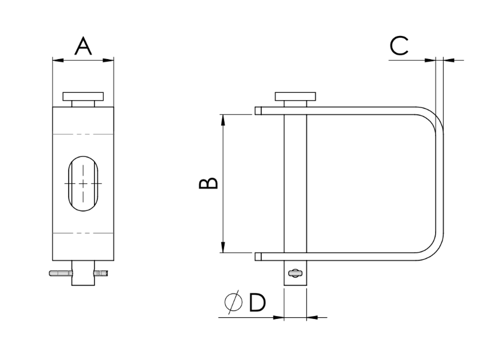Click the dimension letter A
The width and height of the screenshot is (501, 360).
click(83, 46)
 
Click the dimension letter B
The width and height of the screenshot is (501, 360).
click(208, 183)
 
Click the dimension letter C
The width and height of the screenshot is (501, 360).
click(399, 46)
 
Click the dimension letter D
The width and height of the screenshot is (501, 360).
click(257, 302)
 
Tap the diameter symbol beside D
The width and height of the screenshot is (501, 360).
click(234, 302)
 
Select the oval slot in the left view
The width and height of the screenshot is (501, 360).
click(83, 183)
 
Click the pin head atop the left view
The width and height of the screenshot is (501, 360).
click(83, 96)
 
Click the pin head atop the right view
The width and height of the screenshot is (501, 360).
click(295, 96)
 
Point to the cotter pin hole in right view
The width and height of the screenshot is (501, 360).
click(295, 273)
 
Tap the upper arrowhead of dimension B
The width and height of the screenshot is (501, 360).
click(223, 119)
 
